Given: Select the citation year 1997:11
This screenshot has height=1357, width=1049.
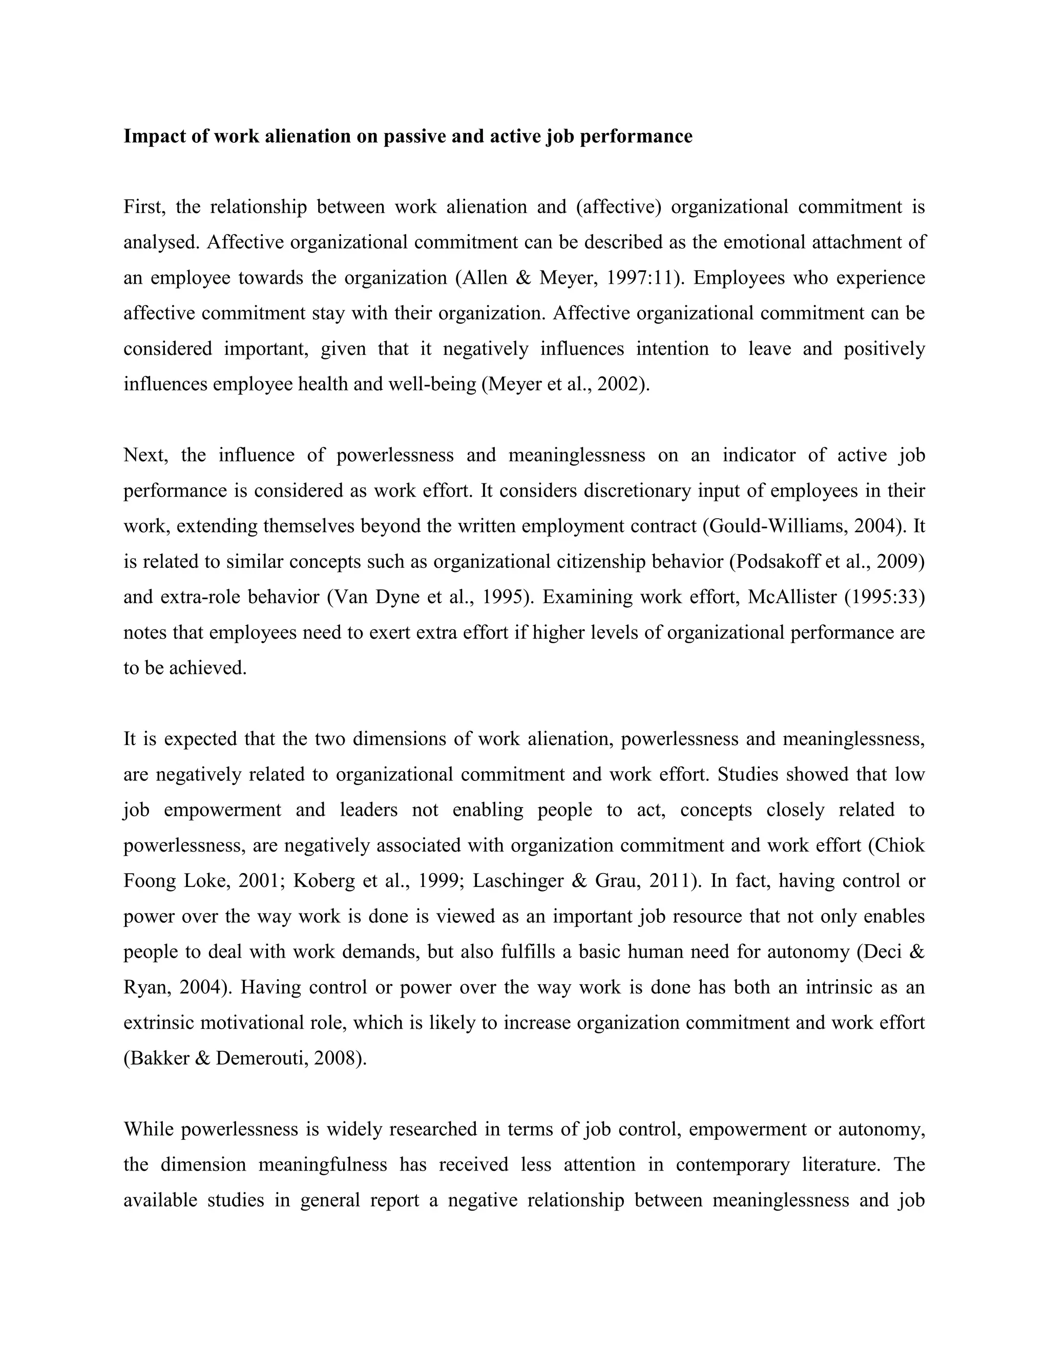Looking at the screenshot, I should tap(641, 277).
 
